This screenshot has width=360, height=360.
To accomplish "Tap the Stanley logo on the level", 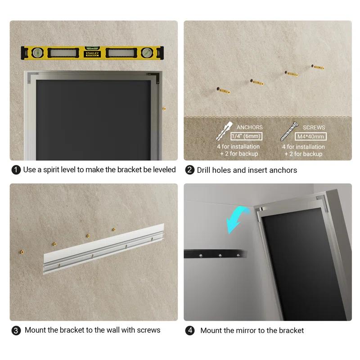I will point(91,54).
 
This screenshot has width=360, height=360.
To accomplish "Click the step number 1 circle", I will point(16,170).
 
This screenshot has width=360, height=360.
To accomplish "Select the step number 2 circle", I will point(189,170).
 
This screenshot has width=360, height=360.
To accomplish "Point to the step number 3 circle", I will point(16,330).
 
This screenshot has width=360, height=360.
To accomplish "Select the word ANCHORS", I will point(249,128).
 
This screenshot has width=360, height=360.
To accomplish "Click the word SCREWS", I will point(314,128).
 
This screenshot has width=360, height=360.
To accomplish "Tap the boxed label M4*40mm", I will point(310,136).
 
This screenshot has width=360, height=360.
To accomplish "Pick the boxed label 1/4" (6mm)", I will point(246,136).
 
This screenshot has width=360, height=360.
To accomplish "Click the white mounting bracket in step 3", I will point(103,255).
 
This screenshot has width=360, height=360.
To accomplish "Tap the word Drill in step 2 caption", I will point(206,170).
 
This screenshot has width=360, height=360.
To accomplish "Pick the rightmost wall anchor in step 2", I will point(318,67).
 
